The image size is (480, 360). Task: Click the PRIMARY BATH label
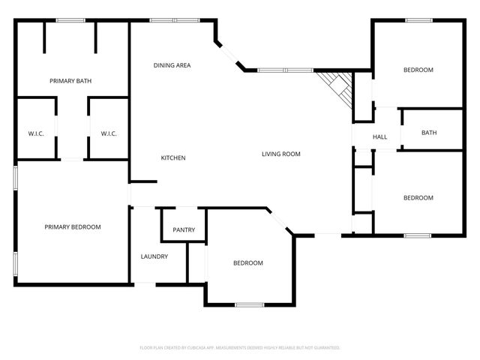pos(70,80)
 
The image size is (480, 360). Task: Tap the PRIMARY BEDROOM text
pos(72,226)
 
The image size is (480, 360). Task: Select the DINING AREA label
pos(172,65)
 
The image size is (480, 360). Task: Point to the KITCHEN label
pos(173,157)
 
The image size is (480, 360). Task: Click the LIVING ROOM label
pos(281,154)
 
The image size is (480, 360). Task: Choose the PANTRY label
pos(184,229)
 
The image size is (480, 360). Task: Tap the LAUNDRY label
pos(154,256)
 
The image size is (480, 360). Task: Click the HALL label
pos(379,136)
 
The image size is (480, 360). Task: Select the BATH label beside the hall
pos(429,133)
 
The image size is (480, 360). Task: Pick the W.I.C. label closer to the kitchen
pos(109,133)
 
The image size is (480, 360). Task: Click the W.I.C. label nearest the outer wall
pos(36,133)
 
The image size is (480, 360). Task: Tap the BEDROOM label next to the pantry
pos(247,262)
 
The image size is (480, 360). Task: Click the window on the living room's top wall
pos(285,70)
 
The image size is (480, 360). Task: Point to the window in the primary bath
pos(70,21)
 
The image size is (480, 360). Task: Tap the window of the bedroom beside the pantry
pos(249,304)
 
